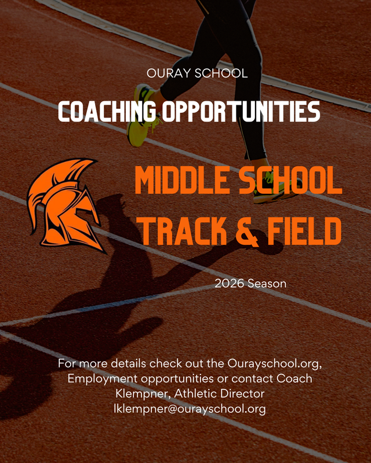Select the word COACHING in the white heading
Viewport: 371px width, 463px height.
pyautogui.click(x=107, y=111)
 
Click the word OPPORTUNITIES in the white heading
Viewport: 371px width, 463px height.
pyautogui.click(x=240, y=111)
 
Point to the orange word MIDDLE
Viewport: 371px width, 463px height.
pyautogui.click(x=187, y=181)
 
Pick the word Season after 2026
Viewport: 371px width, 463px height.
pyautogui.click(x=267, y=284)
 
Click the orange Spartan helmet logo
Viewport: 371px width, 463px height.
pyautogui.click(x=64, y=205)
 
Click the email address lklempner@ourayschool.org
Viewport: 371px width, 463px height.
pyautogui.click(x=190, y=409)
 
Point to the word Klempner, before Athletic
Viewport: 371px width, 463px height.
pyautogui.click(x=140, y=394)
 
